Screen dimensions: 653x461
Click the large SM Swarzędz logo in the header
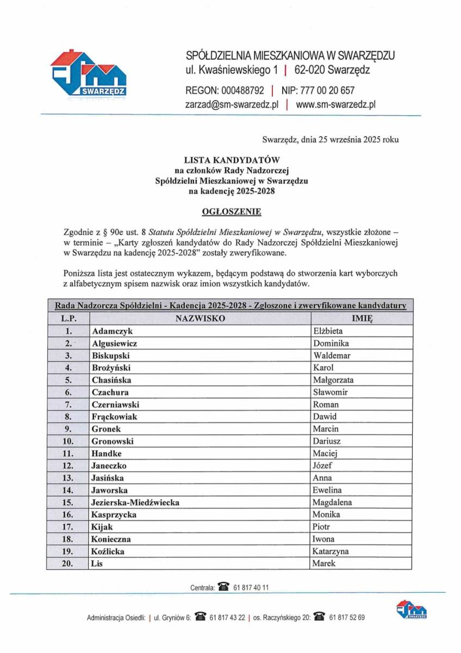(x=88, y=74)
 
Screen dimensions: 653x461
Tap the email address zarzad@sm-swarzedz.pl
(x=232, y=104)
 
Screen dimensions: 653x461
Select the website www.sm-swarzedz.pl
(x=336, y=104)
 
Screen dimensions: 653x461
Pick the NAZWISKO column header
(x=200, y=318)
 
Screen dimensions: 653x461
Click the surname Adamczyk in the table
(x=112, y=331)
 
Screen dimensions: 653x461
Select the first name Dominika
(x=331, y=343)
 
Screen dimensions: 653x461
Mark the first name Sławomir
(x=331, y=392)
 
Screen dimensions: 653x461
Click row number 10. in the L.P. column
(x=68, y=441)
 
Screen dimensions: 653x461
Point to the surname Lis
(x=97, y=563)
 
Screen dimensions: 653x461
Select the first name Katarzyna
(x=331, y=551)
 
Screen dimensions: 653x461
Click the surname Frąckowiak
(x=114, y=417)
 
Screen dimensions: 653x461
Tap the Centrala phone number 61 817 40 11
(x=251, y=588)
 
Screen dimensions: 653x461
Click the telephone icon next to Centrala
(x=223, y=588)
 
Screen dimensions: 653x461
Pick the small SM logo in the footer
(x=412, y=610)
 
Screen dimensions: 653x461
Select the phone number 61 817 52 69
(x=347, y=618)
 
